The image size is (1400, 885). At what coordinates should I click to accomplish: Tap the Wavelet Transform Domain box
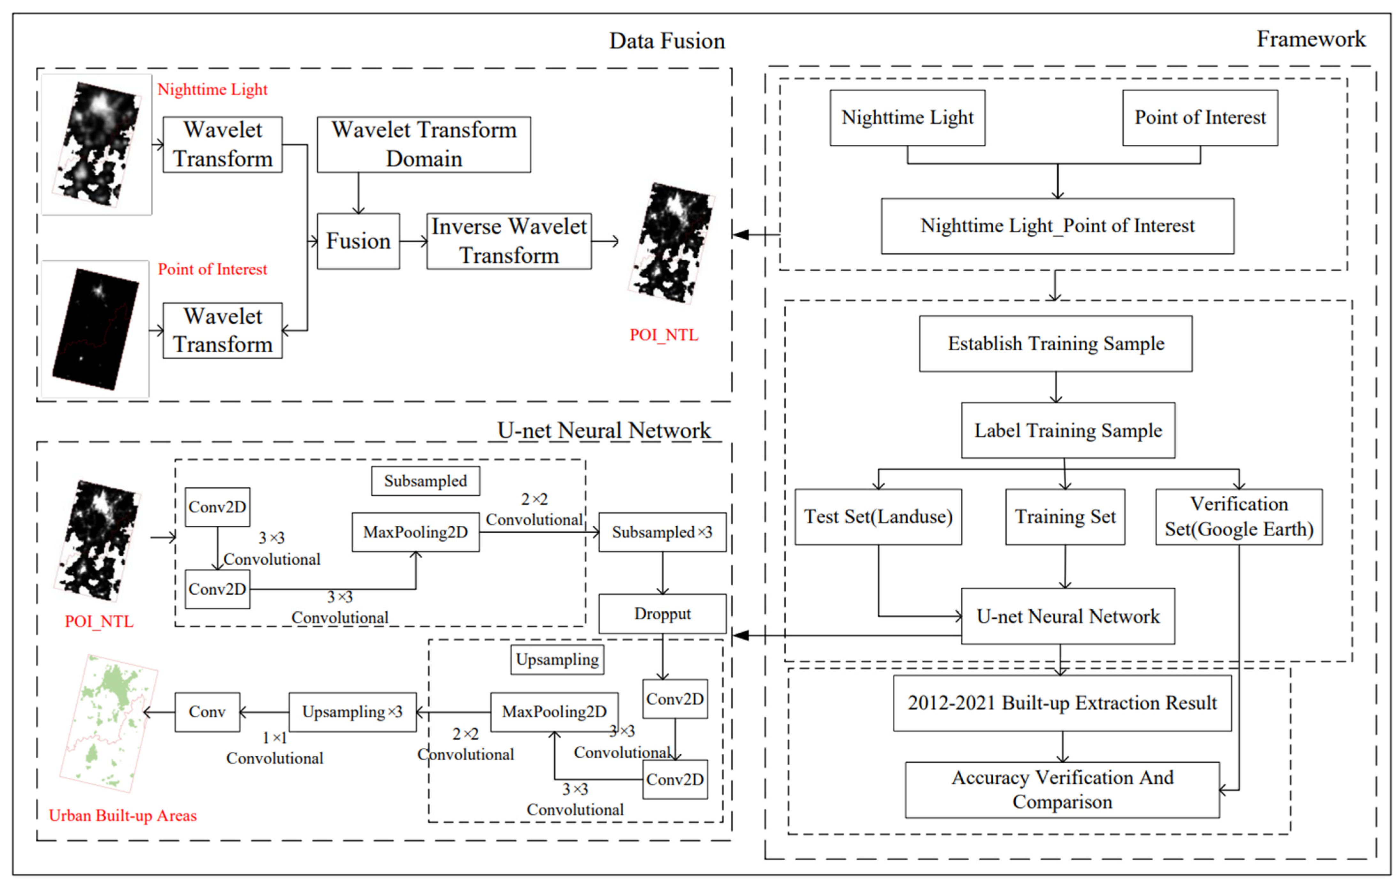click(424, 144)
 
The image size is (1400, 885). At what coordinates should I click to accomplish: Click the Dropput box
click(662, 614)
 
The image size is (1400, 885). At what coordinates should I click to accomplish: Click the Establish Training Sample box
click(1056, 343)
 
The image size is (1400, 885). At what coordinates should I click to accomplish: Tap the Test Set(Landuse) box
click(878, 516)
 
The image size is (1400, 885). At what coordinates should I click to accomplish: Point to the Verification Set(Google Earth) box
click(1239, 516)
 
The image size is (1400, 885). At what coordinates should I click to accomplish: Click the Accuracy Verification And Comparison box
click(1062, 790)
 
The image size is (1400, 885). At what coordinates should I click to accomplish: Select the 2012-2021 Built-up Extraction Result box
click(1062, 703)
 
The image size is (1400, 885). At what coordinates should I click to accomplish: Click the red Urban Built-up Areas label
click(123, 815)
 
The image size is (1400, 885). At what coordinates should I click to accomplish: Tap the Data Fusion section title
click(667, 41)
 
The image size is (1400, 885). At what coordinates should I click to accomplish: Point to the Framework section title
click(1311, 39)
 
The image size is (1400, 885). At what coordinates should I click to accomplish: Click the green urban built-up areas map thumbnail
click(109, 723)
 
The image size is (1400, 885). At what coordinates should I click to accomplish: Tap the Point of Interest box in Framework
click(1200, 118)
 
